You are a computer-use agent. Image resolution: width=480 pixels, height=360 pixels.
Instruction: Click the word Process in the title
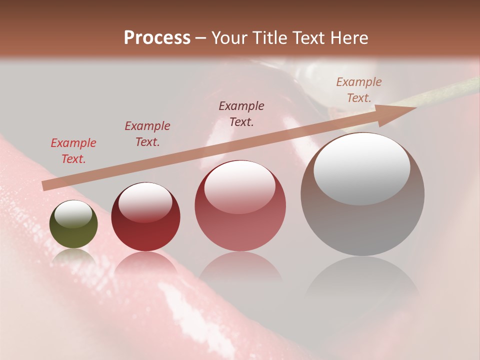click(x=157, y=38)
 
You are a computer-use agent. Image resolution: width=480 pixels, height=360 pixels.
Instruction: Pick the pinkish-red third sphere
click(x=240, y=205)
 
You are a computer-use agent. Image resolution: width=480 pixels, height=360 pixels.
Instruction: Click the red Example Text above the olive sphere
click(x=73, y=150)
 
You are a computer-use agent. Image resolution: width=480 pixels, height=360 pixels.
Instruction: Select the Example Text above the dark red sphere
click(x=147, y=133)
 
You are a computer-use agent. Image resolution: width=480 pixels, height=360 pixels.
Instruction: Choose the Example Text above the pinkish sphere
click(x=241, y=113)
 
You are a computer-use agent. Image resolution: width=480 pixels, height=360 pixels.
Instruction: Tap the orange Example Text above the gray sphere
click(x=359, y=89)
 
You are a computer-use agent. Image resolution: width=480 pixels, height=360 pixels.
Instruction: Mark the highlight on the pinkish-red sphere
click(x=239, y=187)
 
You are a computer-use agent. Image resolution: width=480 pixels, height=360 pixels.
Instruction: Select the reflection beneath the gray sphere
click(x=362, y=277)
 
